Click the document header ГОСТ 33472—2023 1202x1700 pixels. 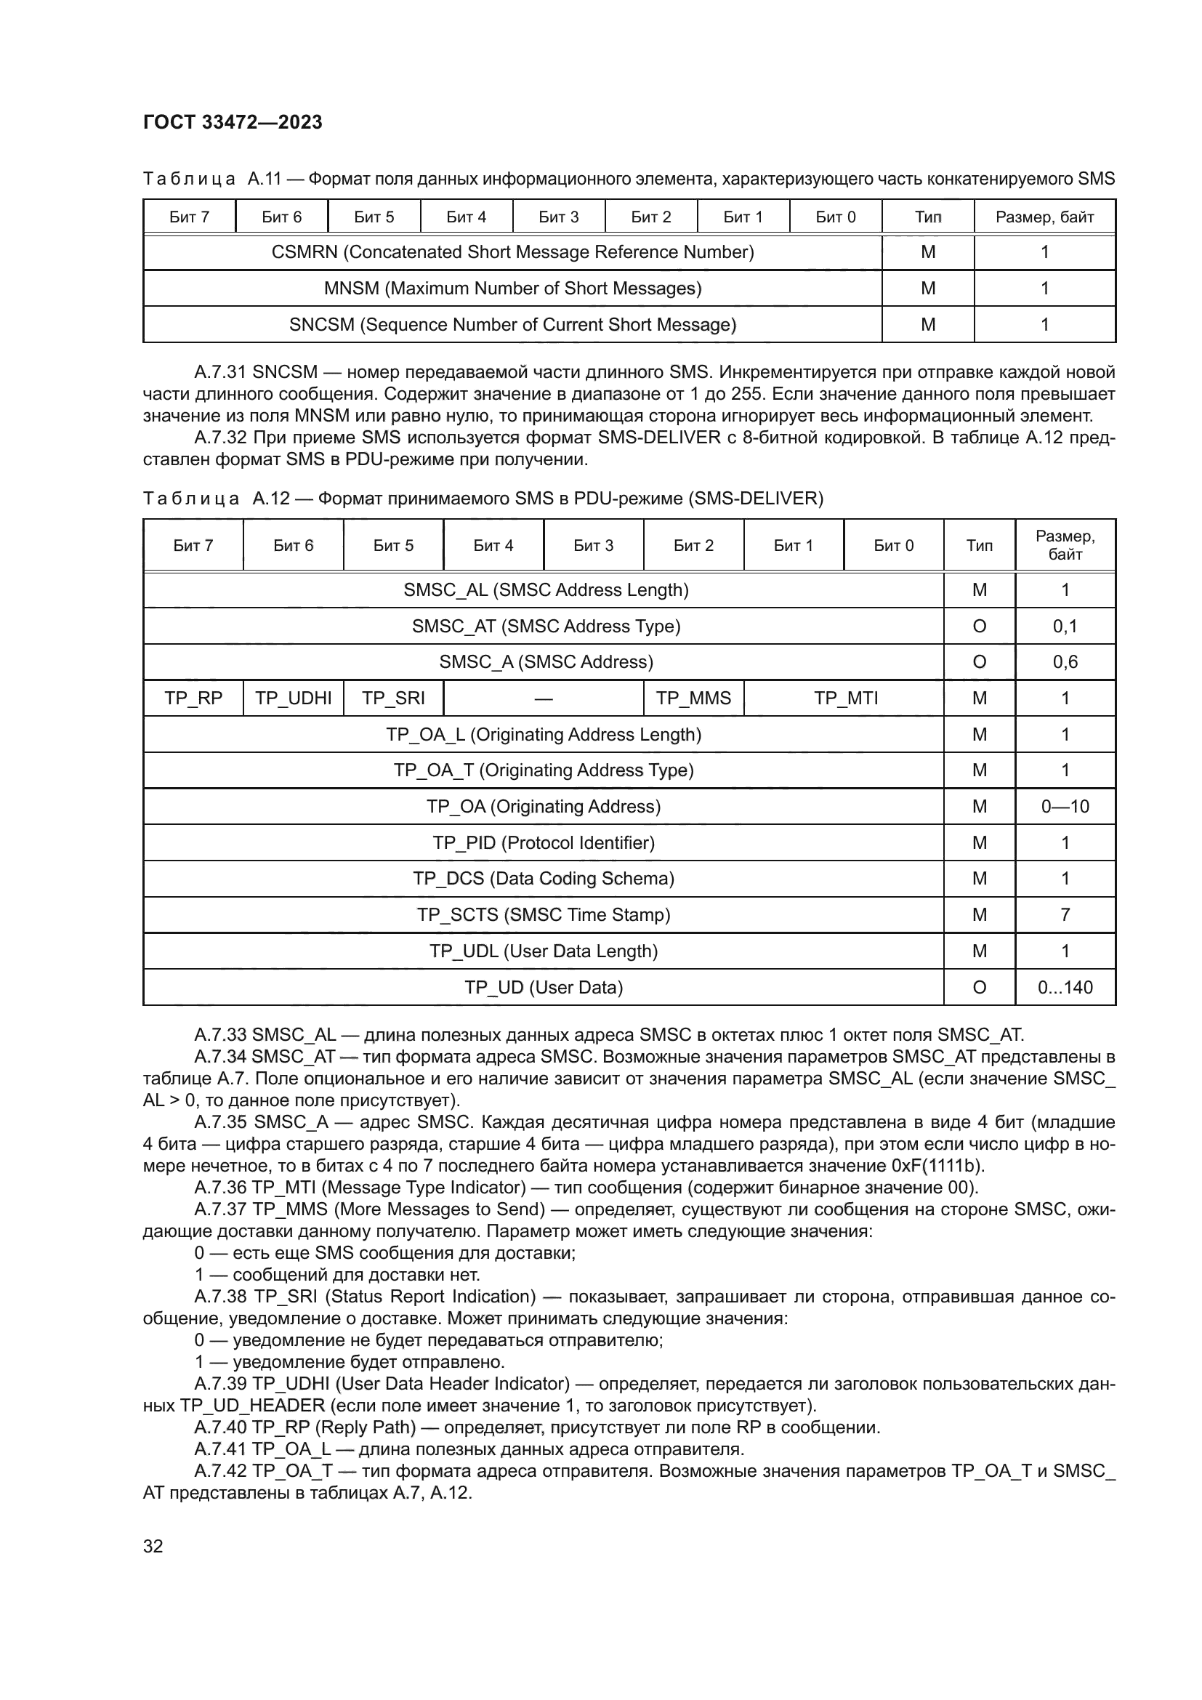(x=233, y=122)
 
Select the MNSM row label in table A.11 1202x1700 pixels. (x=512, y=288)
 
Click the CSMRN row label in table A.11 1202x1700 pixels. (x=512, y=251)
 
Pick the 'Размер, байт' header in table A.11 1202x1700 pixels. (x=1044, y=217)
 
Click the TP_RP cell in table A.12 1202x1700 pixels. (x=193, y=698)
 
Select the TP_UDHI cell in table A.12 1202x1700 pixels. (x=293, y=698)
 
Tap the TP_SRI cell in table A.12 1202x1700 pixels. (x=393, y=698)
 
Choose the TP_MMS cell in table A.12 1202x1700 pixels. (x=693, y=698)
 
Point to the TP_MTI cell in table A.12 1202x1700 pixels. (x=845, y=698)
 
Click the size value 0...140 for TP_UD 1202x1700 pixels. (x=1065, y=987)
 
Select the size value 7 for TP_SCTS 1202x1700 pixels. (x=1065, y=914)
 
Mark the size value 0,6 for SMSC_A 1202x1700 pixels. (x=1065, y=662)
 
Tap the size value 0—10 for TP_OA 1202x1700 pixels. (x=1065, y=806)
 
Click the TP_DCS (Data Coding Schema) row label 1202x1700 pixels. (x=544, y=878)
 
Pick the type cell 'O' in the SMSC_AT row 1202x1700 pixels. (x=979, y=627)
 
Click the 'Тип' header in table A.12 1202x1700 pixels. (x=979, y=546)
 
